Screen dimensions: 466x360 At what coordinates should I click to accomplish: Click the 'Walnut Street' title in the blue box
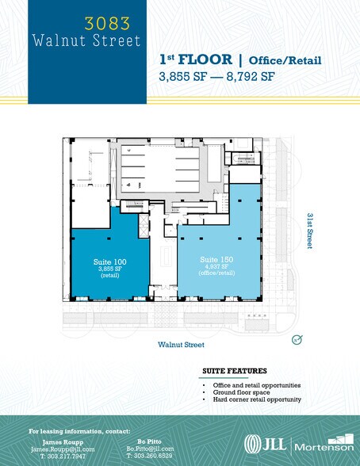(x=86, y=40)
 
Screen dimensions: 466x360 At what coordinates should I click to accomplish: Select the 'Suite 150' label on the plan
(x=215, y=260)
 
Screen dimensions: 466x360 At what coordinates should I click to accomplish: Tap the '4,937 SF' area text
(x=215, y=267)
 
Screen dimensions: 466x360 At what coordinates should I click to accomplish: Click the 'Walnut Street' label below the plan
(x=181, y=345)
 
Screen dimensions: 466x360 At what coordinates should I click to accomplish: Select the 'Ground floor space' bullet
(x=239, y=392)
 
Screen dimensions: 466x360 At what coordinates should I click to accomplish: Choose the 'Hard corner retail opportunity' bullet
(x=255, y=399)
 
